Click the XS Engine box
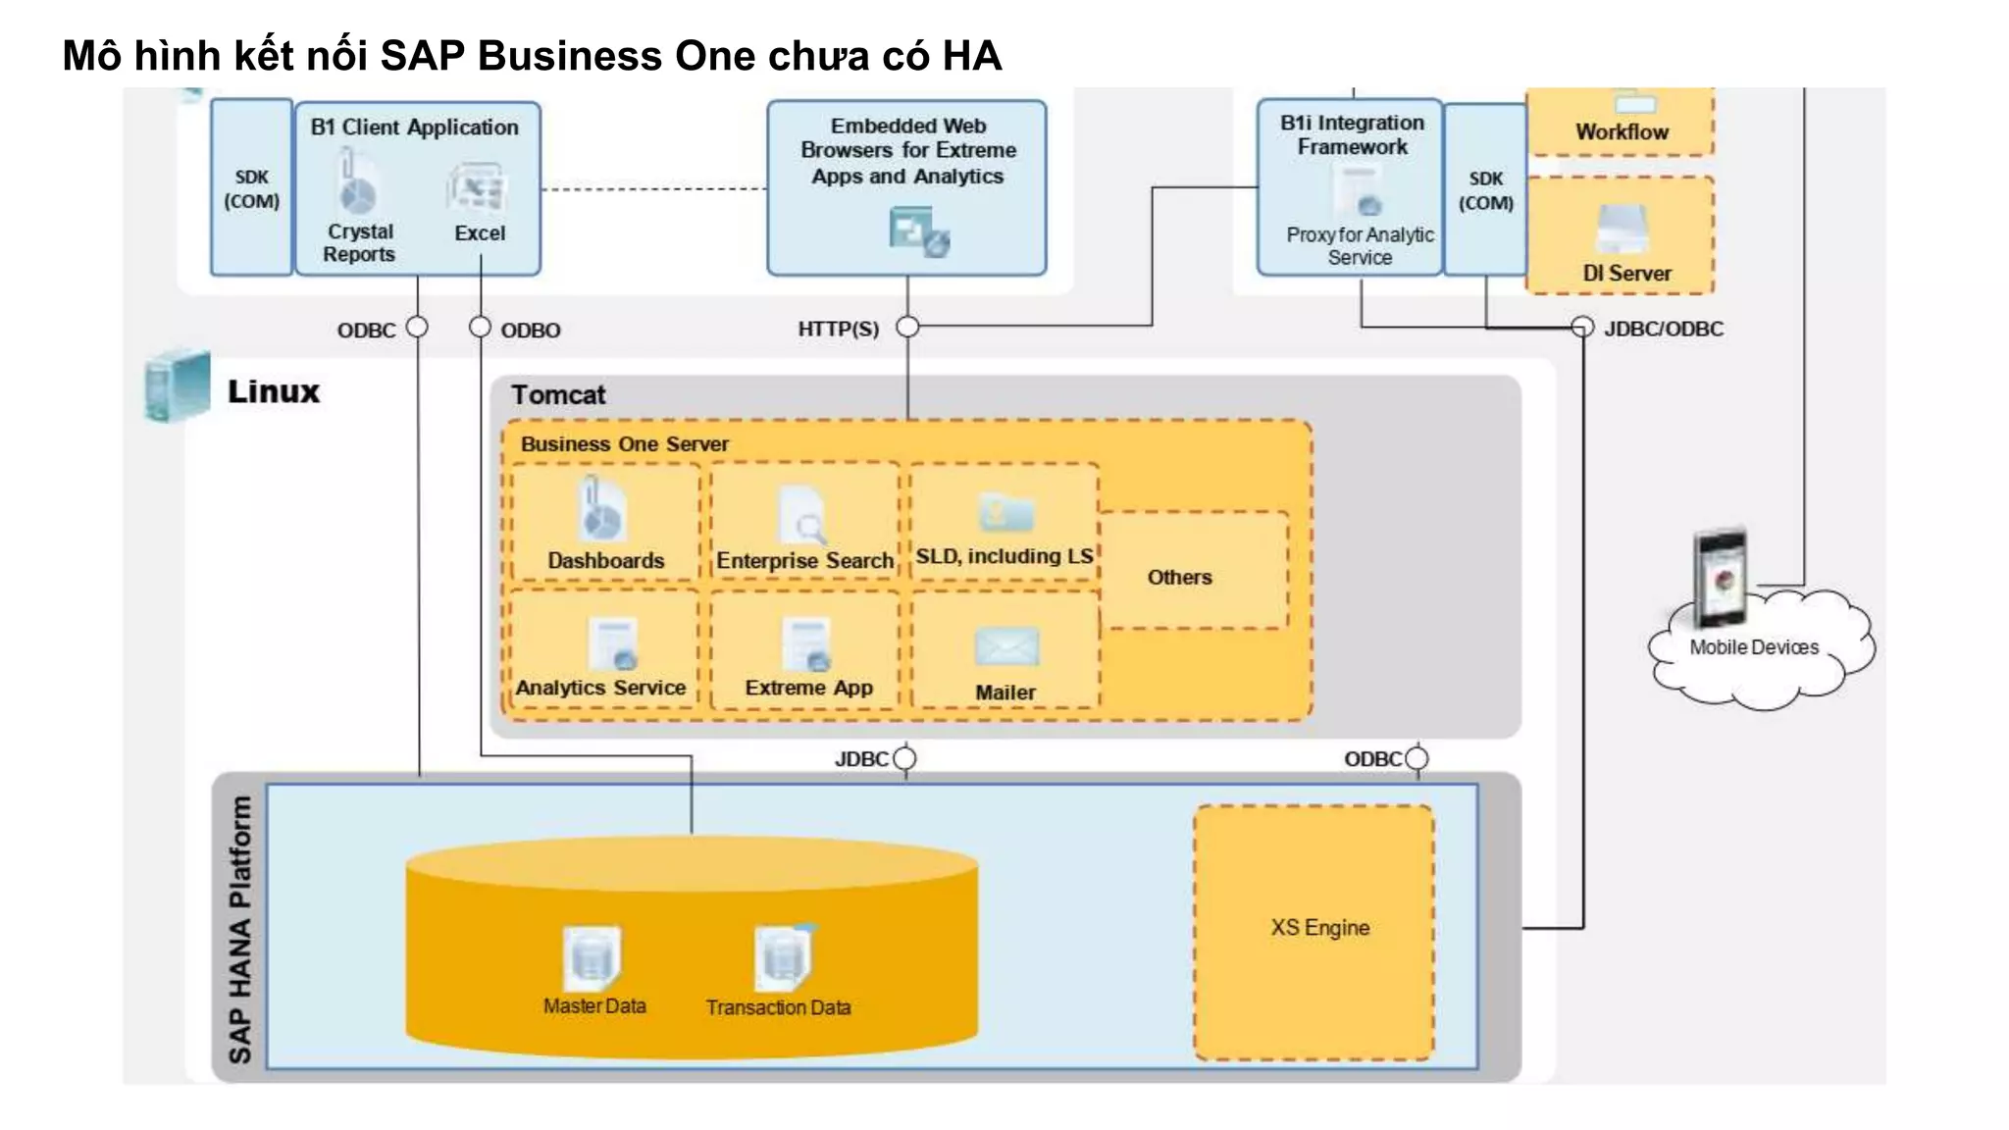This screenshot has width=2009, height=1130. pos(1314,932)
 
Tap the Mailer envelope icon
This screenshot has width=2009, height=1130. pos(1006,647)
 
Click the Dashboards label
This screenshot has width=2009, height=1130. pos(605,561)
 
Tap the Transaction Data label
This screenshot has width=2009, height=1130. pos(778,1007)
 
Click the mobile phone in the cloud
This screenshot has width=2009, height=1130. pos(1721,579)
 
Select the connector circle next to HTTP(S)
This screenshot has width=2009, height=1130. pos(907,327)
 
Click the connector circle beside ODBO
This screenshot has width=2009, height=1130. pos(480,327)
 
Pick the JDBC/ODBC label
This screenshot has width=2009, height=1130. pos(1663,330)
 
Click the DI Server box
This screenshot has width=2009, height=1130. pos(1620,236)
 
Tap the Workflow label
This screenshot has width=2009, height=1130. pos(1622,132)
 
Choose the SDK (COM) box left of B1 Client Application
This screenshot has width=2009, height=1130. pos(251,187)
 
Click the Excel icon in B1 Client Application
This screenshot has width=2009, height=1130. pos(478,189)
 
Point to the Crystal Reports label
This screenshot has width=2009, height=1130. pos(359,243)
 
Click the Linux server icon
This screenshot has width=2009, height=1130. pos(177,386)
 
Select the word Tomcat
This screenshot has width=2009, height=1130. pos(557,395)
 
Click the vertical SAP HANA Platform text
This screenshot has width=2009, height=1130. pos(239,929)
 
